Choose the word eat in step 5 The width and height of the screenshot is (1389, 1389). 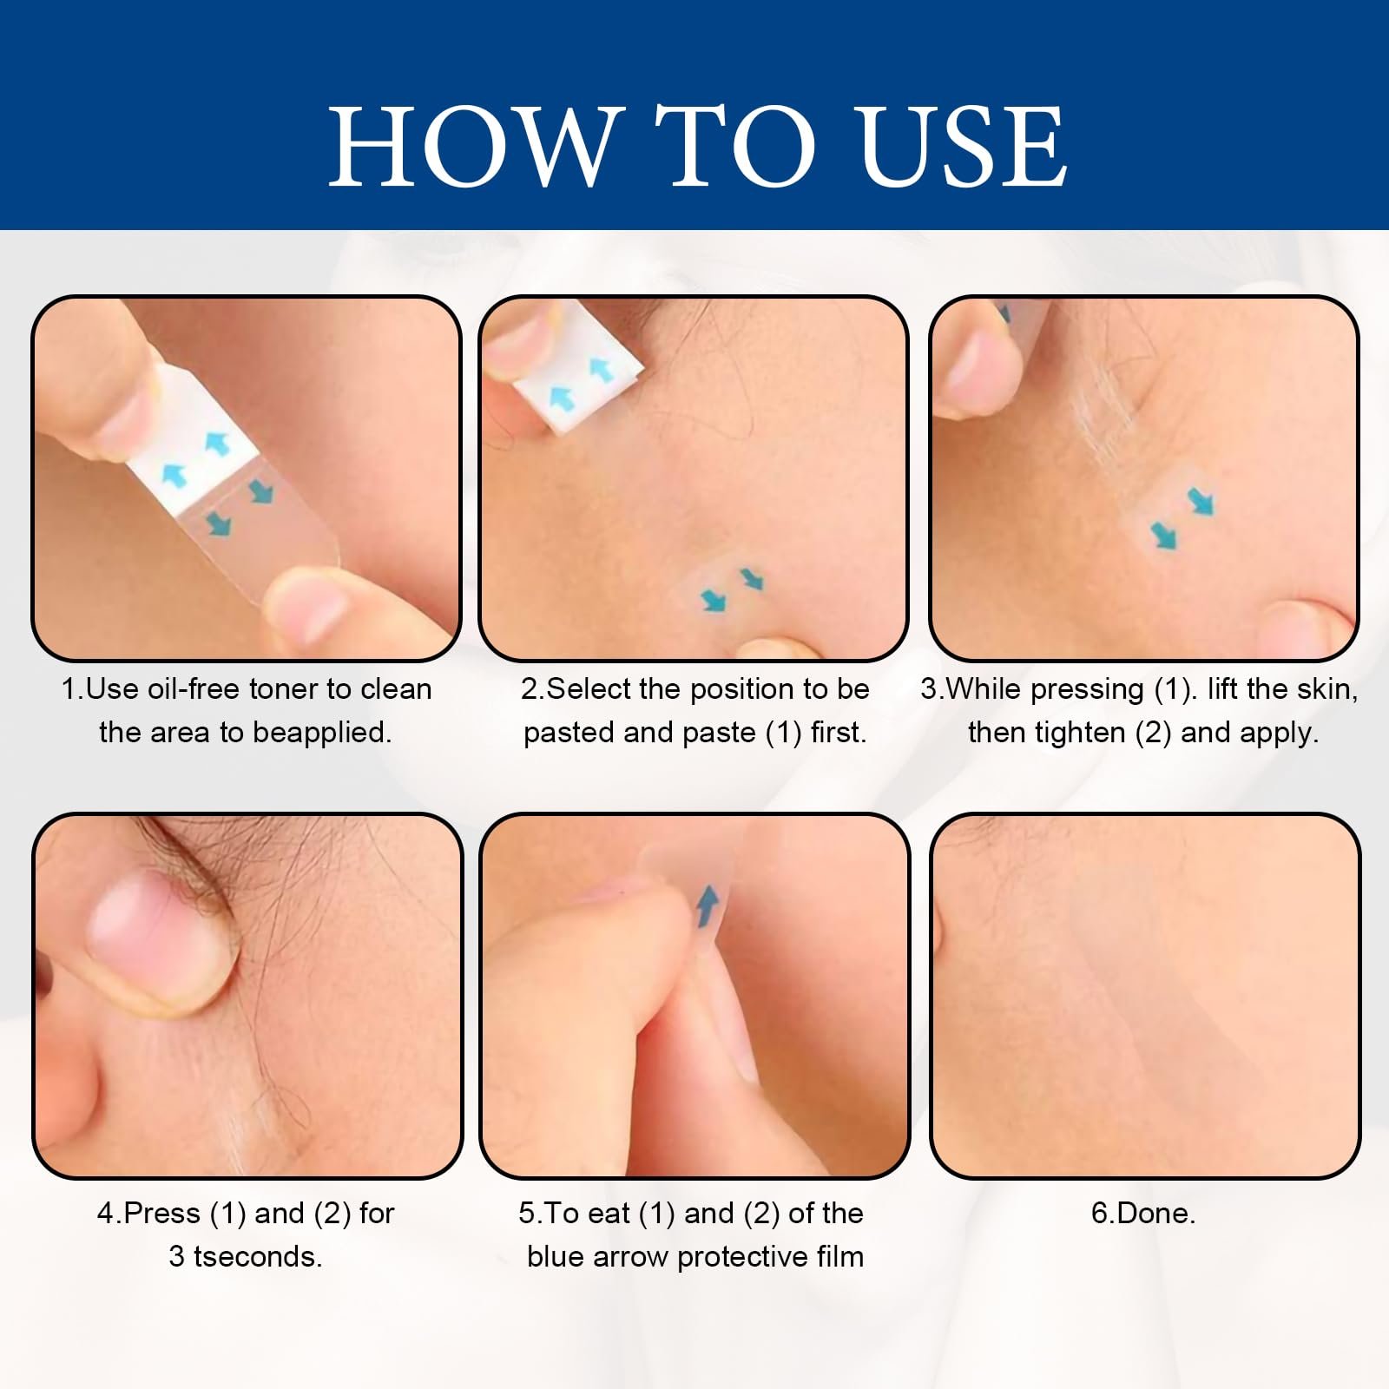(609, 1214)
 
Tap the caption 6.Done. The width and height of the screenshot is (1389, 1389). (1143, 1214)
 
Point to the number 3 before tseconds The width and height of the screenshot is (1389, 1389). (176, 1257)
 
